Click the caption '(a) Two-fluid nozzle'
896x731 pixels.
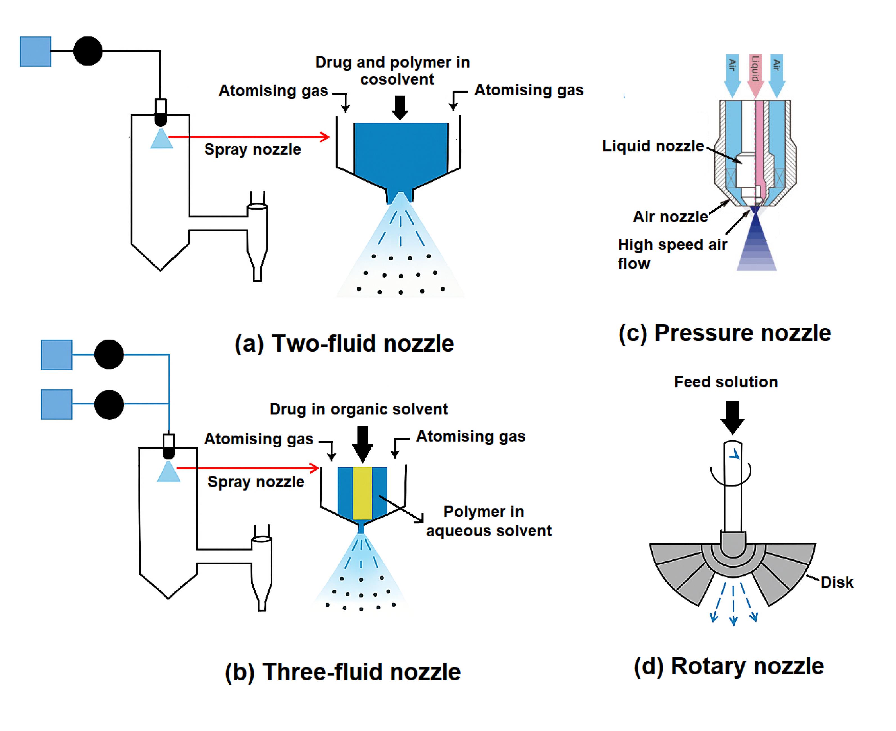[x=344, y=344]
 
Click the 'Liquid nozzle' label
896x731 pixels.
[x=653, y=146]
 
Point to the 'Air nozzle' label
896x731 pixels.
[x=670, y=217]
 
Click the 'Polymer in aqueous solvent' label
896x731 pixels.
[x=489, y=521]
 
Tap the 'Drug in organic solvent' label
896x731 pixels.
[x=358, y=409]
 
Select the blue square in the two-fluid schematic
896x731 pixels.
[x=35, y=51]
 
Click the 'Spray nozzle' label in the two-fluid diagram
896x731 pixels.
[x=252, y=149]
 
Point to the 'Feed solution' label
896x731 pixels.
[x=726, y=382]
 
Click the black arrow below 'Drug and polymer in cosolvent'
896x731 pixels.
[x=400, y=108]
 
